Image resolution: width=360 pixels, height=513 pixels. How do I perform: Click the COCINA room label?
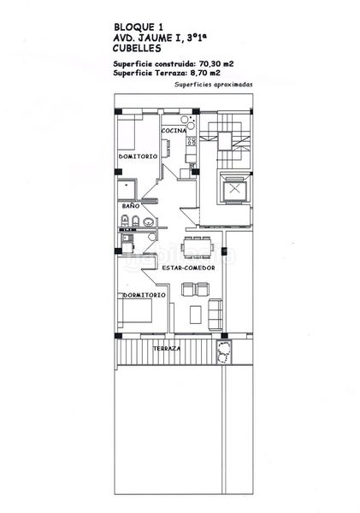[174, 131]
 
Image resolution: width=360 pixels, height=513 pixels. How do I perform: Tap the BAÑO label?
[131, 206]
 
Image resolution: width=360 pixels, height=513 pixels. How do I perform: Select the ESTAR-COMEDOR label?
[188, 268]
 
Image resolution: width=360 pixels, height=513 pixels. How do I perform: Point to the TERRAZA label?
[167, 349]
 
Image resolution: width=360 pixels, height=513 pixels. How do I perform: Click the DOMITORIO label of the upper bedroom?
[138, 156]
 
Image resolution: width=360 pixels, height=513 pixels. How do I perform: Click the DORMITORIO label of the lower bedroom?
[144, 295]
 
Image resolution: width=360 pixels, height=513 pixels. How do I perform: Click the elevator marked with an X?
[234, 189]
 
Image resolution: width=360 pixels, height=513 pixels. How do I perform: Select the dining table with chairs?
[198, 247]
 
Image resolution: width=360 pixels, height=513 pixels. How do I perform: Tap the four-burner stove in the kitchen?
[192, 141]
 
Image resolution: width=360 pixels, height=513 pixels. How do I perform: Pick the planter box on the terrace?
[224, 352]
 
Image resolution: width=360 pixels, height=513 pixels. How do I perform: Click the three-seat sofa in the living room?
[215, 314]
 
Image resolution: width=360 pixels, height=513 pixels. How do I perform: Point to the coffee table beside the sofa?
[196, 315]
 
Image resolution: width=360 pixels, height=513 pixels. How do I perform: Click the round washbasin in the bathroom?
[149, 222]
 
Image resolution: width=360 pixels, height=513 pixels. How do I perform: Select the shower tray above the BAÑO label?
[127, 189]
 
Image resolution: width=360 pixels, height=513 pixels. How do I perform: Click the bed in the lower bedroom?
[135, 310]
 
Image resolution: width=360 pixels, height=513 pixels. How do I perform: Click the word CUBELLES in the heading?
[137, 49]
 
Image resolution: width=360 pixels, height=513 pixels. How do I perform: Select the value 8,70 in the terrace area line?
[199, 73]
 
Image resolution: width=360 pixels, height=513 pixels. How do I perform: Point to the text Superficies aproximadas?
[214, 85]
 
